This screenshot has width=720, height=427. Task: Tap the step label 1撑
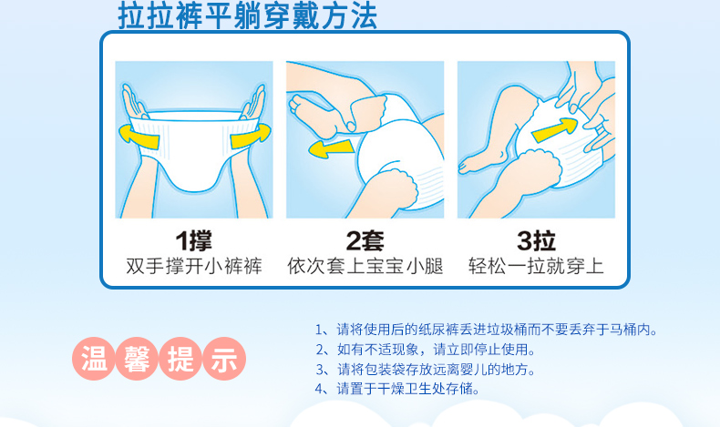point(193,240)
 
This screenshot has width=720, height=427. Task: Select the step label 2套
point(365,240)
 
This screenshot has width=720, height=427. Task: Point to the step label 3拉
point(536,240)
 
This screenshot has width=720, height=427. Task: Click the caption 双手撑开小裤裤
point(193,267)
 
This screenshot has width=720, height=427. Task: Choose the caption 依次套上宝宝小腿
point(365,267)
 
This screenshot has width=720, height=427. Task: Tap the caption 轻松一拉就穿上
point(536,267)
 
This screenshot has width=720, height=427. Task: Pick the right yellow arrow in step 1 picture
point(251,136)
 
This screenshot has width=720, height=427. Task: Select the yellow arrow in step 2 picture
point(331,145)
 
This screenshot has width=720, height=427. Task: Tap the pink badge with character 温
point(94,359)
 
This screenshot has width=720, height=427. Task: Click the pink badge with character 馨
point(137,359)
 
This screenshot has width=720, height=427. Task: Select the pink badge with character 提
point(180,359)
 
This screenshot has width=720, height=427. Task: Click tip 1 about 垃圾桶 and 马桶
point(485,330)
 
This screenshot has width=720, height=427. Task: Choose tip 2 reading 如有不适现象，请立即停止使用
point(424,350)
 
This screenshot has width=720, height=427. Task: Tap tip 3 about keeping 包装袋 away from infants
point(424,370)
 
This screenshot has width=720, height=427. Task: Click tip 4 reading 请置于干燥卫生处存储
point(396,389)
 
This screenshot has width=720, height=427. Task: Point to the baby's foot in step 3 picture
point(470,165)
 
